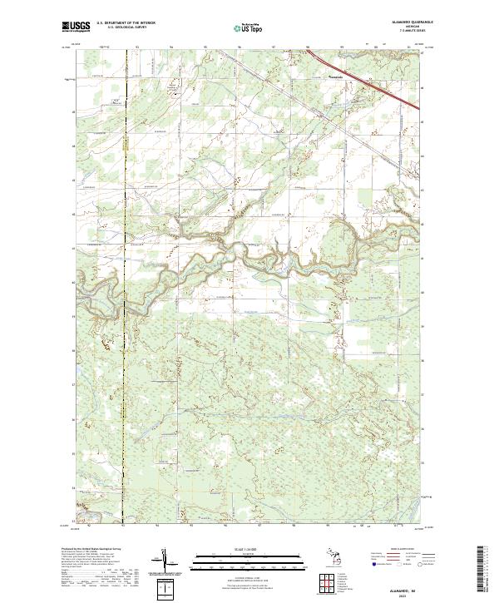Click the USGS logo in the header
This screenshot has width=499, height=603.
pyautogui.click(x=77, y=27)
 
